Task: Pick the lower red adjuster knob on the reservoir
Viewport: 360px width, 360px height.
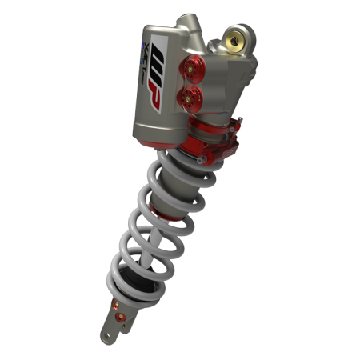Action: (x=189, y=99)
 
